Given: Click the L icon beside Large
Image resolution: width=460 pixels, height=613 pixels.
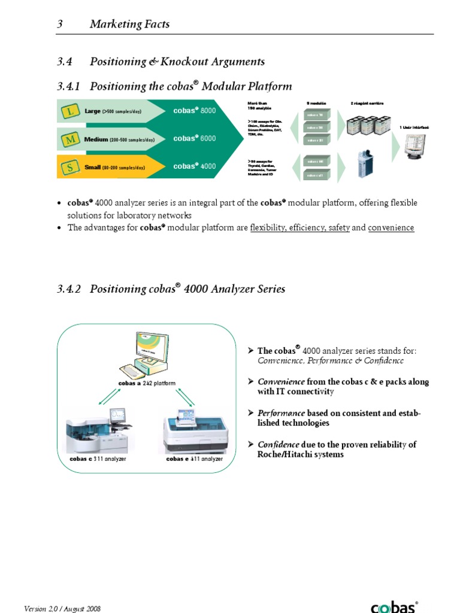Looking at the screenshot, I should pos(71,111).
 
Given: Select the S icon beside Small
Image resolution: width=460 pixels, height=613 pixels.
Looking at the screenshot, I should pos(71,167).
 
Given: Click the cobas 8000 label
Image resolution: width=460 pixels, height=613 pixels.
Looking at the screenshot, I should pos(194,111).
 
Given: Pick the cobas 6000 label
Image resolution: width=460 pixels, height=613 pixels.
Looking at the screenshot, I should pos(194,138).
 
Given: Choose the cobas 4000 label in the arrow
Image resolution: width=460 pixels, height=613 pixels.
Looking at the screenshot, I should pos(194,166).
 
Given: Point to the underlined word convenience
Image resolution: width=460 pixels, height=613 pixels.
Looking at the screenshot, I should pos(391,228).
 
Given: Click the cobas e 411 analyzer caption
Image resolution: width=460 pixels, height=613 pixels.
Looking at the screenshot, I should pos(194,459).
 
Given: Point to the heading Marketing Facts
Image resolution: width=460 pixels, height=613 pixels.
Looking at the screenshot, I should pos(129,25).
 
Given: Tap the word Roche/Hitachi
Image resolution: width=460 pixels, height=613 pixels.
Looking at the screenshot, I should pos(277,455).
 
